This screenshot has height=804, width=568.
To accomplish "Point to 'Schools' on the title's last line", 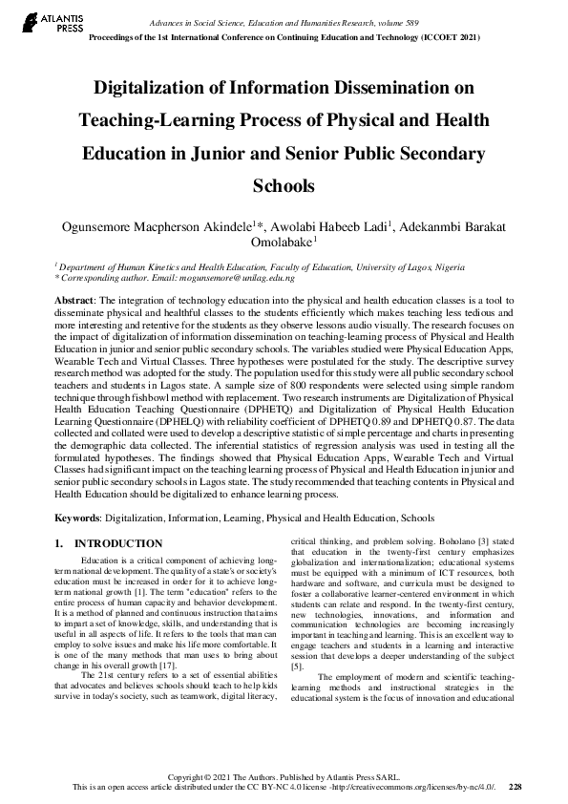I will pos(283,184).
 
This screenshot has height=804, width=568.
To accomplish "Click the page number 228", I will pos(515,787).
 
